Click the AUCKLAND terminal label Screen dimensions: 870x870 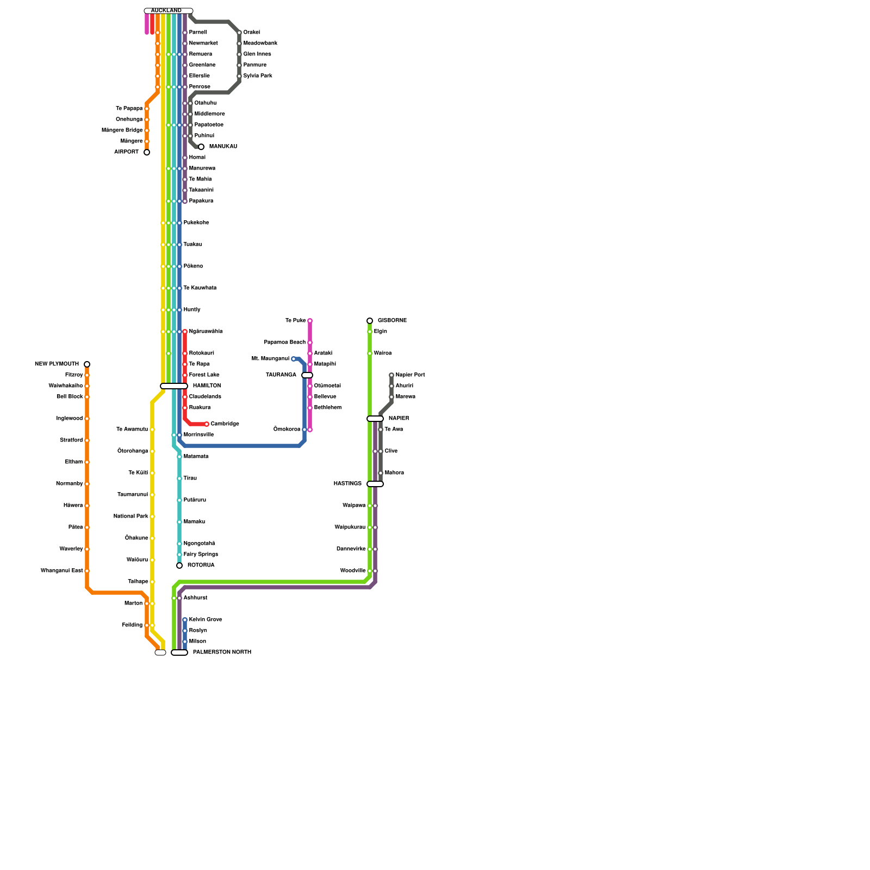point(166,11)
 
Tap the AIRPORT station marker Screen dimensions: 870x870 point(147,152)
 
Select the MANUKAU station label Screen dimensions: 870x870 point(223,147)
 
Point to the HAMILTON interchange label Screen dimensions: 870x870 point(207,386)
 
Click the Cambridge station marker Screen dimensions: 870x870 point(207,424)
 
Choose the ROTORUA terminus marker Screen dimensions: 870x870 point(179,565)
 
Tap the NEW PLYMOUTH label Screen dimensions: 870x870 point(57,364)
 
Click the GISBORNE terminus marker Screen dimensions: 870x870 point(370,321)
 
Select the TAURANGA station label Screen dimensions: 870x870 point(281,375)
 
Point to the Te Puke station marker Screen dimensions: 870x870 point(310,321)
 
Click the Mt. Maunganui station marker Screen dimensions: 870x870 point(294,359)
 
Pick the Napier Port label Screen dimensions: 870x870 point(410,375)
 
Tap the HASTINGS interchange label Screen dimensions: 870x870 point(347,484)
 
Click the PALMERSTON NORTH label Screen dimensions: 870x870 point(222,652)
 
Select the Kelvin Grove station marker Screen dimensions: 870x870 point(185,620)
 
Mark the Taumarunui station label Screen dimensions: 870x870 point(133,495)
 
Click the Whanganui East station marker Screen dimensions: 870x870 point(87,571)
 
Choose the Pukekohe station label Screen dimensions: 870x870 point(196,223)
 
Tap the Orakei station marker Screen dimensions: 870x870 point(239,33)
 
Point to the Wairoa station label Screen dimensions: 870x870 point(383,353)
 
